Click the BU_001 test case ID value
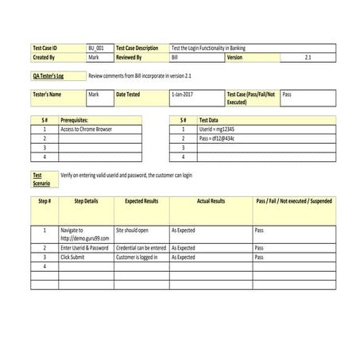click(x=96, y=48)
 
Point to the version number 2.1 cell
click(x=308, y=57)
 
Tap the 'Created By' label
click(x=44, y=57)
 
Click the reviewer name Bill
click(x=175, y=57)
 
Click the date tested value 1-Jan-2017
click(x=182, y=95)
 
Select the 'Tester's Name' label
click(x=48, y=95)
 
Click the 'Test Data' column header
click(x=209, y=119)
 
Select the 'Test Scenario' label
click(x=41, y=179)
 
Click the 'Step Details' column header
click(x=87, y=201)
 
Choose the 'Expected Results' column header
click(x=141, y=201)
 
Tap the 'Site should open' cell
click(x=133, y=230)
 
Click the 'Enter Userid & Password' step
click(x=84, y=248)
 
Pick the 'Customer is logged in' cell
click(x=137, y=257)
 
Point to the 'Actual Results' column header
click(x=211, y=201)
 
